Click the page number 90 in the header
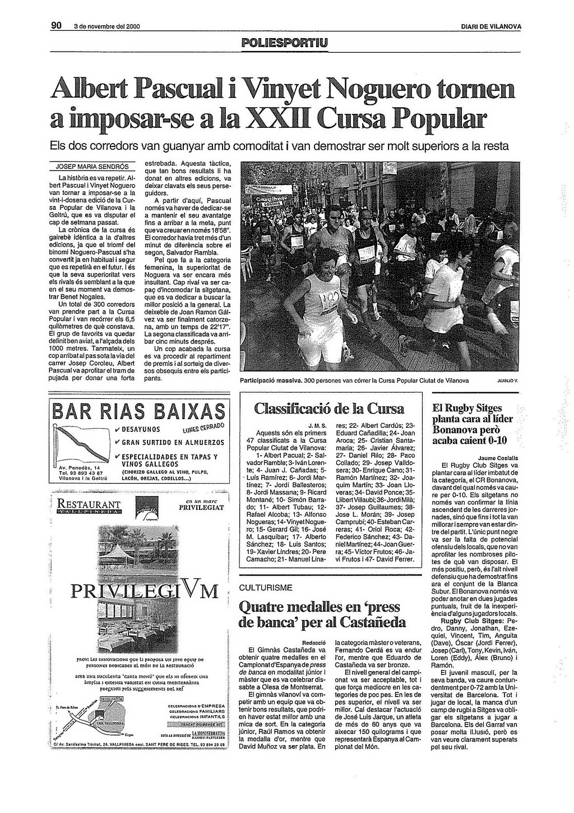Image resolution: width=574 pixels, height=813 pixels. pos(55,25)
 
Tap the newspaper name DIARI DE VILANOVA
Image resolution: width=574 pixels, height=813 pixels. pos(490,26)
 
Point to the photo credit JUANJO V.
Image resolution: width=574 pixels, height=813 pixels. pos(508,380)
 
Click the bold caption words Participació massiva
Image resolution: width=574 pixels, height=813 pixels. pos(271,380)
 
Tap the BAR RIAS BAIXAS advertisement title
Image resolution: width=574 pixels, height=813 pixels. pos(138,411)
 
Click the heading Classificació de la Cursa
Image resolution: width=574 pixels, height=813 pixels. pos(328,408)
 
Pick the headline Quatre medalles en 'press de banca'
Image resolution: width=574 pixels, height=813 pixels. pos(322,614)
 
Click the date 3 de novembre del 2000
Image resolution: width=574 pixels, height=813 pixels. pos(107,26)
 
